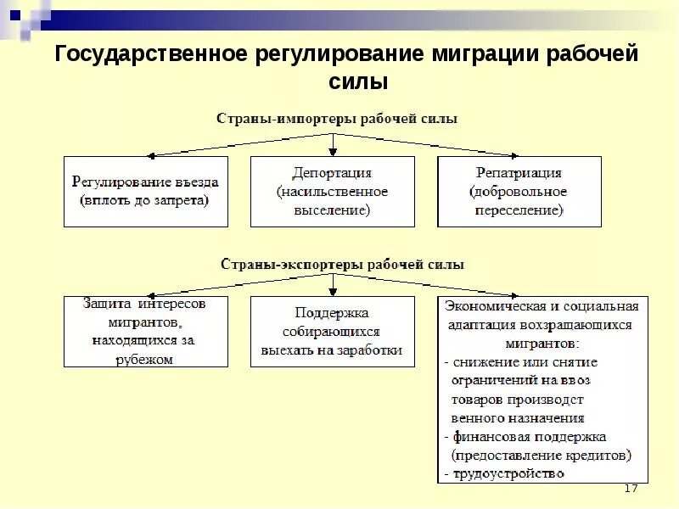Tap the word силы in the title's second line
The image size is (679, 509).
(357, 83)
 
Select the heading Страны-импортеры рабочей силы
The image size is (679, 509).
(336, 119)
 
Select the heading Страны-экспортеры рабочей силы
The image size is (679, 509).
(343, 265)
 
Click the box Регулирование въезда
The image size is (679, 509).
(146, 191)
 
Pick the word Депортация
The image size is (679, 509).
(333, 172)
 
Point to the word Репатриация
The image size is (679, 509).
(519, 172)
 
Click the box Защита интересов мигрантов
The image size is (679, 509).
(146, 331)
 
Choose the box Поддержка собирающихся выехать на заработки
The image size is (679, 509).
(333, 331)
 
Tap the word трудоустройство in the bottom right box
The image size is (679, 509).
(508, 473)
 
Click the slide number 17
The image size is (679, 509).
(630, 489)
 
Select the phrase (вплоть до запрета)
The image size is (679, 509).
(145, 201)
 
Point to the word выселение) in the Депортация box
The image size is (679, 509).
(333, 211)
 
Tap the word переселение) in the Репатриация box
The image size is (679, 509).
(519, 211)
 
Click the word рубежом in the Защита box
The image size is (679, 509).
(145, 360)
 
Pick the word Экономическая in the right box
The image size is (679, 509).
(492, 305)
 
